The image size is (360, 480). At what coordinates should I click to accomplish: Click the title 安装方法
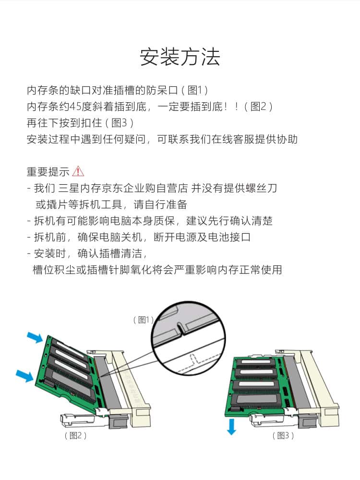pyautogui.click(x=180, y=57)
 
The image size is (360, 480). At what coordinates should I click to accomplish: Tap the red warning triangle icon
pyautogui.click(x=78, y=171)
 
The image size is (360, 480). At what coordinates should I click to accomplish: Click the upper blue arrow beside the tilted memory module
pyautogui.click(x=34, y=337)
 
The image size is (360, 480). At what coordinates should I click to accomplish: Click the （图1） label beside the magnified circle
pyautogui.click(x=143, y=320)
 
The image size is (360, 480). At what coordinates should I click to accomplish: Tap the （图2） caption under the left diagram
pyautogui.click(x=76, y=435)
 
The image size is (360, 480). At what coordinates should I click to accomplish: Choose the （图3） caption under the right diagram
pyautogui.click(x=283, y=435)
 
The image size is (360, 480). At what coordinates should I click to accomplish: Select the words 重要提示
pyautogui.click(x=48, y=171)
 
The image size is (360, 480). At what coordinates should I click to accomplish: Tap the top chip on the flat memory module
pyautogui.click(x=255, y=362)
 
